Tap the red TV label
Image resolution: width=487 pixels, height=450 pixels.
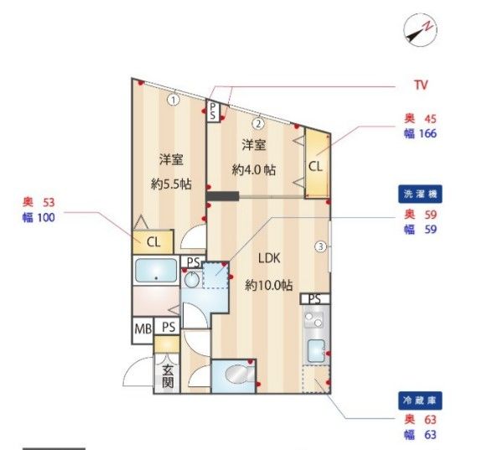pyautogui.click(x=421, y=85)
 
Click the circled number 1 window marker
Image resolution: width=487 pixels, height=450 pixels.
pyautogui.click(x=173, y=100)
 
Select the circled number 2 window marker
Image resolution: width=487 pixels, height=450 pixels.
pyautogui.click(x=259, y=123)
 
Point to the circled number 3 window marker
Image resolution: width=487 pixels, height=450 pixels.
pyautogui.click(x=320, y=246)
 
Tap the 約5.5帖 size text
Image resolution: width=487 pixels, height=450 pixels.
pyautogui.click(x=168, y=184)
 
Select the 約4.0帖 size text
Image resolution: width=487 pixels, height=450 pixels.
pyautogui.click(x=254, y=169)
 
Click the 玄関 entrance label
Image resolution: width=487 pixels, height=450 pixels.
pyautogui.click(x=168, y=376)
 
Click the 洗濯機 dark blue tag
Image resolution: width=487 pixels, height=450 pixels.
pyautogui.click(x=420, y=194)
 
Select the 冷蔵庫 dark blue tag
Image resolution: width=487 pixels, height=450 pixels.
pyautogui.click(x=420, y=401)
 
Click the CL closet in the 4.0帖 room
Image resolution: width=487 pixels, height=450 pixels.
pyautogui.click(x=316, y=165)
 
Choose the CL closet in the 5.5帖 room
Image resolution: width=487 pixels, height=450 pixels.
pyautogui.click(x=153, y=242)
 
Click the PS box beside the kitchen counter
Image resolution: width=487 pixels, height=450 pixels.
pyautogui.click(x=315, y=299)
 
